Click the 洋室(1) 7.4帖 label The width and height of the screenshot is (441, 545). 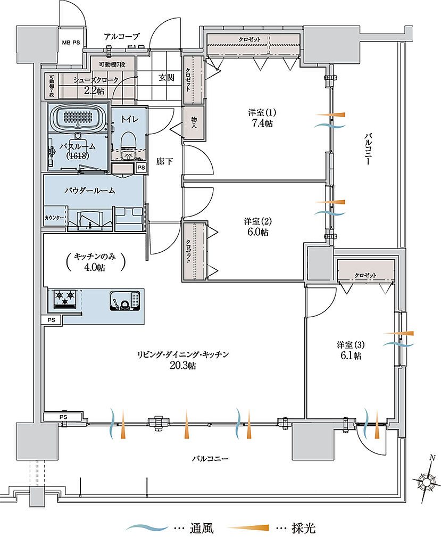(x=260, y=118)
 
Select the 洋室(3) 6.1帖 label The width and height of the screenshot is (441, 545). (x=350, y=350)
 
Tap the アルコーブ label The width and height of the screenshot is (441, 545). (x=122, y=36)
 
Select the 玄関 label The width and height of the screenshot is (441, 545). (x=166, y=77)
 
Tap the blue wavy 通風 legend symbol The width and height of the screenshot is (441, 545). (x=146, y=529)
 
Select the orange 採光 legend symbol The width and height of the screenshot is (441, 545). (x=250, y=529)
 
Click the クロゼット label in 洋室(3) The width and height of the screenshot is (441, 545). (x=365, y=275)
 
